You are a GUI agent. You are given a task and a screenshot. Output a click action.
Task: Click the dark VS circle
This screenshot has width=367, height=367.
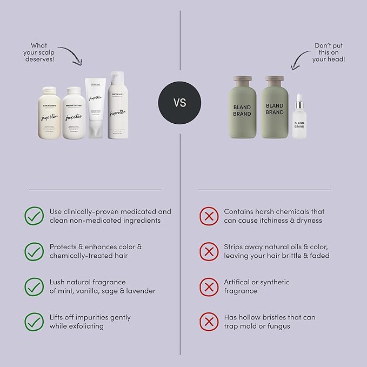179,103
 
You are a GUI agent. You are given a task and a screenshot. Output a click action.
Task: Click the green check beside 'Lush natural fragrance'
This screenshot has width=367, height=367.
34,286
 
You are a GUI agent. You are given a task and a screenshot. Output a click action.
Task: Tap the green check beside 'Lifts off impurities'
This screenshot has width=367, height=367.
34,322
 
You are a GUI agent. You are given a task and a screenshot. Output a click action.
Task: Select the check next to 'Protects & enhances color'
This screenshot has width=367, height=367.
34,251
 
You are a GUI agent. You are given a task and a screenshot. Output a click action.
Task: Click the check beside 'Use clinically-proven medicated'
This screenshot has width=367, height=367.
34,216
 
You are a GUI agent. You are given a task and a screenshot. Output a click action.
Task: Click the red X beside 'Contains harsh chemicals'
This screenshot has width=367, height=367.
209,216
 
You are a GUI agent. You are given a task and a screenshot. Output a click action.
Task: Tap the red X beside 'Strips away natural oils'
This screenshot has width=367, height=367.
209,251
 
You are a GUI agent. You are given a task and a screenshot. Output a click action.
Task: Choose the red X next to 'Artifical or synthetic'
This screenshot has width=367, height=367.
209,286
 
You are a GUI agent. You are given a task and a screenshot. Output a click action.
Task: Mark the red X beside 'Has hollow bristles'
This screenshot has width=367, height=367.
209,322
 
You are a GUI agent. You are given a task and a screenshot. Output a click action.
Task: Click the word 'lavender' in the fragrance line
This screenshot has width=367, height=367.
139,291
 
